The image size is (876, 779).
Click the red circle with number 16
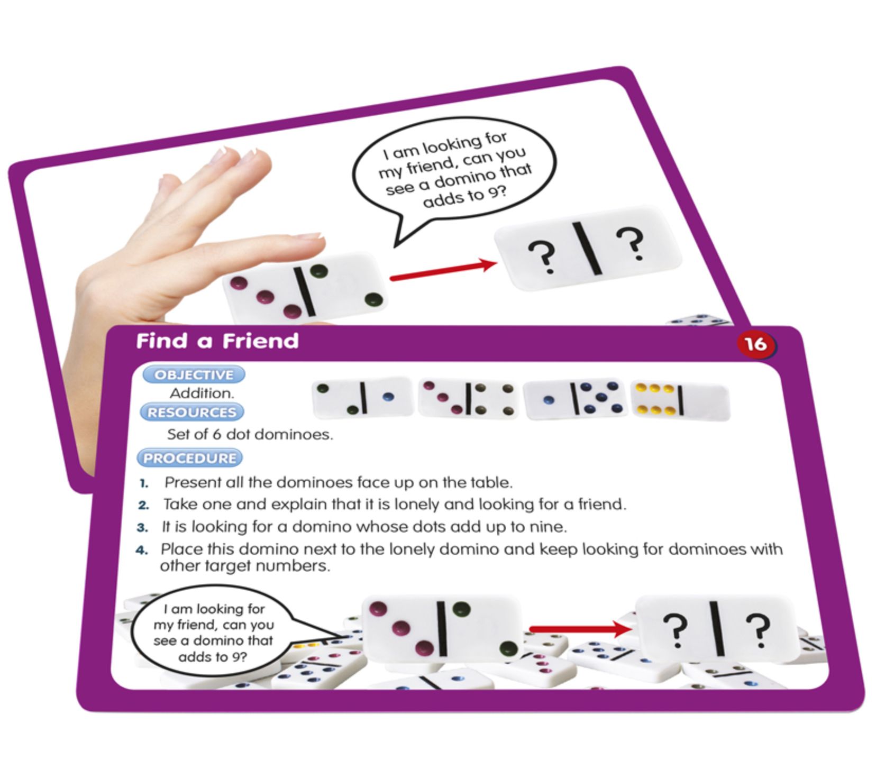tap(755, 344)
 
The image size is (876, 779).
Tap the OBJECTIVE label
tap(194, 374)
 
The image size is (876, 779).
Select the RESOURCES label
tap(192, 412)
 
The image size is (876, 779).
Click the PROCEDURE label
tap(189, 458)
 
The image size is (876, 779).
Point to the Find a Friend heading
tap(217, 341)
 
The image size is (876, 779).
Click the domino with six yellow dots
tap(680, 400)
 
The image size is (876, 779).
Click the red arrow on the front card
tap(580, 629)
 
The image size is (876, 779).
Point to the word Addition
tap(202, 393)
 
